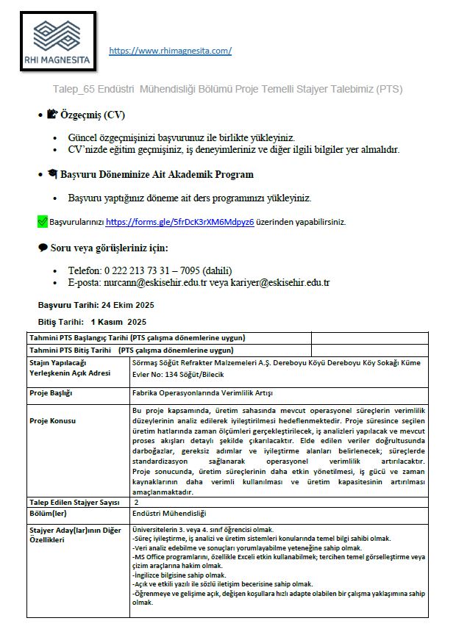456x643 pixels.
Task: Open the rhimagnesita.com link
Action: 170,51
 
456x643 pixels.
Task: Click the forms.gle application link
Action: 179,221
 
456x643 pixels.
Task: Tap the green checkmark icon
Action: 42,221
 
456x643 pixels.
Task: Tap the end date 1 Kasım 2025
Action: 118,322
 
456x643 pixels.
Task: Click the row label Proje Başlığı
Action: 51,393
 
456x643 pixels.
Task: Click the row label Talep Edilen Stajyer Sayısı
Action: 74,502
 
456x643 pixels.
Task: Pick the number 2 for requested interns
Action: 136,502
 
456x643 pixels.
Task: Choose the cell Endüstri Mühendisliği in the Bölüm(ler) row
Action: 169,513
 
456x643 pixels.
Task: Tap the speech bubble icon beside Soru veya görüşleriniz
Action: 42,248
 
